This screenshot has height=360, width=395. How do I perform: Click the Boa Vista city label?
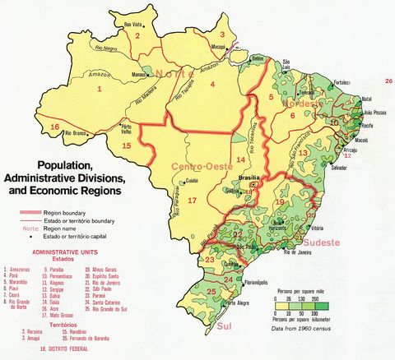coord(134,25)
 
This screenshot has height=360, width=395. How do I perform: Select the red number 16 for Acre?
coord(54,127)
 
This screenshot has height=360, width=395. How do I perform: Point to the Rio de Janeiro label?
coord(299,252)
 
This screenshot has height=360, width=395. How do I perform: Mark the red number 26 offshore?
coord(388,81)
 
